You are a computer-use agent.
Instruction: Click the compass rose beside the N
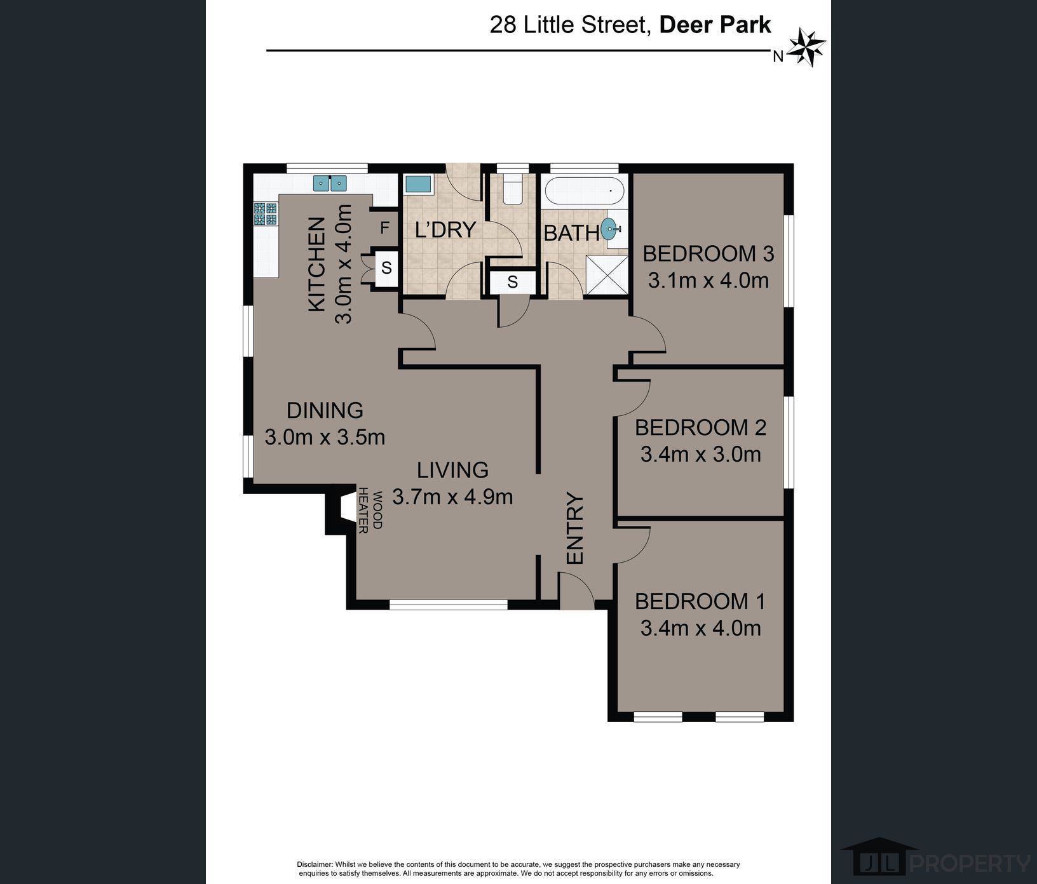tap(807, 48)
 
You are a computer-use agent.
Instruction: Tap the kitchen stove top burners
tap(266, 214)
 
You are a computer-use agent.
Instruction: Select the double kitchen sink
tap(330, 184)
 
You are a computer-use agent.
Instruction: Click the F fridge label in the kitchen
tap(384, 228)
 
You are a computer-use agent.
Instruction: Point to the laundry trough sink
tap(418, 185)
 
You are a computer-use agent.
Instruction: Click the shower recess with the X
tap(607, 276)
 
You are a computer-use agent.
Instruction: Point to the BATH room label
tap(571, 233)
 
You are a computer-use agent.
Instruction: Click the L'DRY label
tap(445, 229)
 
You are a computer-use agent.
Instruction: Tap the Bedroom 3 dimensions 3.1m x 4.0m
tap(708, 280)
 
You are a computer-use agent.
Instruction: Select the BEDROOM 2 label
tap(701, 427)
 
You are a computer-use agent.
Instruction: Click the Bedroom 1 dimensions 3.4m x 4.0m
tap(701, 628)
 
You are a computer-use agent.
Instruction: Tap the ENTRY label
tap(575, 528)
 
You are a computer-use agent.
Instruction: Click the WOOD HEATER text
tap(370, 511)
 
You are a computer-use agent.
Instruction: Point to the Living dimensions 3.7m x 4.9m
tap(452, 497)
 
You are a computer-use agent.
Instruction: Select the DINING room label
tap(325, 410)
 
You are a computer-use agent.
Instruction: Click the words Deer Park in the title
tap(715, 25)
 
